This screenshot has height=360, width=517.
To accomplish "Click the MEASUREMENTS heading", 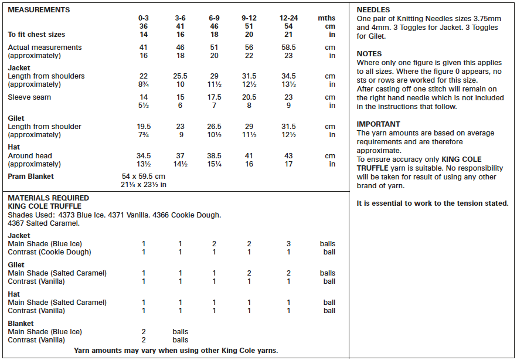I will [39, 10].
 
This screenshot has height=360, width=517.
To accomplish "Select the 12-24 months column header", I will [288, 18].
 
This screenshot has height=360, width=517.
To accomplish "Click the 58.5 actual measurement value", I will [288, 47].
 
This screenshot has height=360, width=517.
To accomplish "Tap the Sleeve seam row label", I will [29, 97].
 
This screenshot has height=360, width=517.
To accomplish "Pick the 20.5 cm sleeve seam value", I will [249, 97].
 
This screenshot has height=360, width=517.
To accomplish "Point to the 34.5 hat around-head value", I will [144, 156].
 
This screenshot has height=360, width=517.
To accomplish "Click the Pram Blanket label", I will [30, 176].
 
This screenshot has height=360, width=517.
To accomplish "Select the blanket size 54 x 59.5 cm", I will [144, 176].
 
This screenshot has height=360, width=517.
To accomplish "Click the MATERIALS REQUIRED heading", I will [48, 198].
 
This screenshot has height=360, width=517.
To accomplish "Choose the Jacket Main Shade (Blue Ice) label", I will [45, 244].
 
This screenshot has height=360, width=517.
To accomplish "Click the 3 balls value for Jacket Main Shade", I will [288, 244].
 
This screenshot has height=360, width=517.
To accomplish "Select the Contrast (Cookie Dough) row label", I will [49, 252].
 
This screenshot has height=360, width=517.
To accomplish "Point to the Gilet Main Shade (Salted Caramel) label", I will [57, 273].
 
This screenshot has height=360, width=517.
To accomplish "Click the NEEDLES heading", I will [373, 10].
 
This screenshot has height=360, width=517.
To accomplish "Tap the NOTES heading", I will [369, 54].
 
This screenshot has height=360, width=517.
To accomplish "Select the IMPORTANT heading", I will [379, 124].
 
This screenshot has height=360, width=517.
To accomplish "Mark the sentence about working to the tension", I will [433, 203].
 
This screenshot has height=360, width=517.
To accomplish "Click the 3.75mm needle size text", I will [479, 19].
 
